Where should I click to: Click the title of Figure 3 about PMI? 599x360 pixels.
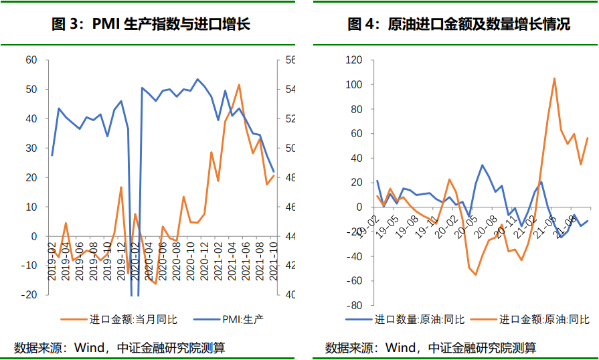151,25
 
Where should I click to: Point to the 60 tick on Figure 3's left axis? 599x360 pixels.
31,60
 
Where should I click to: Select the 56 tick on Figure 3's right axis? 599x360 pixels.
290,60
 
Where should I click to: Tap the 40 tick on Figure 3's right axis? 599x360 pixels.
290,295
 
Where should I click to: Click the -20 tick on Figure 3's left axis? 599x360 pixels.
29,295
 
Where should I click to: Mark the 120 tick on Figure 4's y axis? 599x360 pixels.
353,60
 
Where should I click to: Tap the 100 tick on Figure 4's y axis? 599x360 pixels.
353,85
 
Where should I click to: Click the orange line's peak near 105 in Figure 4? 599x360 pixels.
555,78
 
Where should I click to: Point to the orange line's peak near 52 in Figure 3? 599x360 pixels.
239,84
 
